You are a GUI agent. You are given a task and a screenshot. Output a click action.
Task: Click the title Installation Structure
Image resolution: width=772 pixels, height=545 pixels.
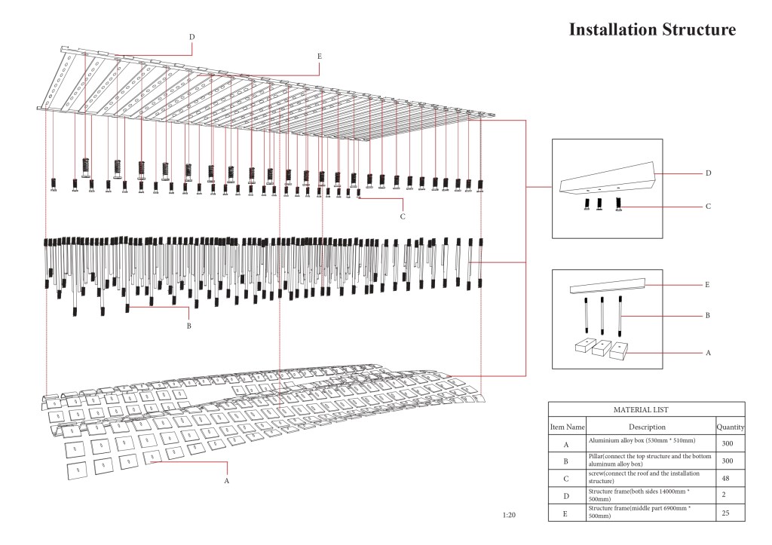click(651, 30)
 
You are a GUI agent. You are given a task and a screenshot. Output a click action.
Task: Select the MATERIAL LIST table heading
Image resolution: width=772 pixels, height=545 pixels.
click(647, 409)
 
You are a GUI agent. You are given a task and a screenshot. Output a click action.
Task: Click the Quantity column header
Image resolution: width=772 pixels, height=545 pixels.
click(731, 427)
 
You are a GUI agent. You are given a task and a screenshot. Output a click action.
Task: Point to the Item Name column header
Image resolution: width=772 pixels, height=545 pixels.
click(568, 427)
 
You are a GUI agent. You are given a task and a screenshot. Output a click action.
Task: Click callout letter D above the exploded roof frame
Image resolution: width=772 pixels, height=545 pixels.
click(192, 36)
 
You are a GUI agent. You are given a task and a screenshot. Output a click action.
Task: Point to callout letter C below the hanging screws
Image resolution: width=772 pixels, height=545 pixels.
click(403, 216)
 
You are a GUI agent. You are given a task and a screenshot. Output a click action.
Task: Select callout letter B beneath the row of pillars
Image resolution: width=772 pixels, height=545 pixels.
click(188, 326)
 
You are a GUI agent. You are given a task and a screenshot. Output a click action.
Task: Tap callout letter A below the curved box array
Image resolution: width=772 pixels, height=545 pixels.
click(227, 479)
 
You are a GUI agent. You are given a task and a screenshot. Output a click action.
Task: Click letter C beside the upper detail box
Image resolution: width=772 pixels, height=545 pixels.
click(708, 206)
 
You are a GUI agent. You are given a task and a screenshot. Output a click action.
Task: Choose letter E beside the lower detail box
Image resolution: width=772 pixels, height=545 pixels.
click(707, 285)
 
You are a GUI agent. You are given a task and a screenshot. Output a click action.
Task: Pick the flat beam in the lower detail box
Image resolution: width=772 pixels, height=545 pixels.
click(608, 286)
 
